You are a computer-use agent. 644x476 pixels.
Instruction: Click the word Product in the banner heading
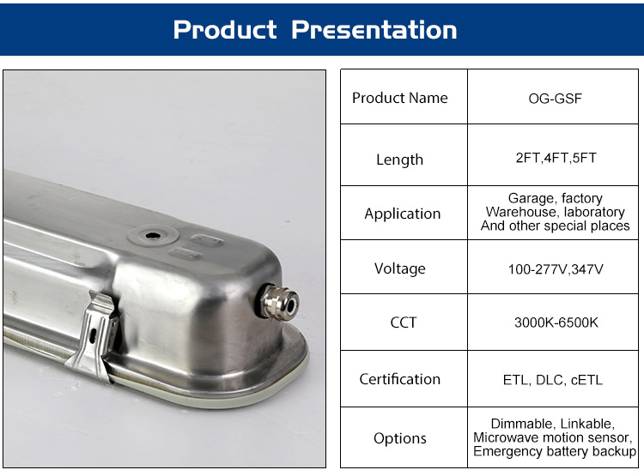tap(225, 30)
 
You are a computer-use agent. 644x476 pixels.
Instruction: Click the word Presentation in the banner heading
tap(374, 30)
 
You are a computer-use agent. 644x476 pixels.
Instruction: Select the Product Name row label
tap(399, 98)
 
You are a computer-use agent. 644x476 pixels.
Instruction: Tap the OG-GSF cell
tap(555, 99)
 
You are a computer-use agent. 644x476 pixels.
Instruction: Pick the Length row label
tap(399, 160)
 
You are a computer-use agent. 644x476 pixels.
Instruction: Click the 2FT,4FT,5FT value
tap(556, 158)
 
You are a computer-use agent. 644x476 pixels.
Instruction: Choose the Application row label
tap(403, 214)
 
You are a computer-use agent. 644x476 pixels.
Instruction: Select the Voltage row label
tap(399, 268)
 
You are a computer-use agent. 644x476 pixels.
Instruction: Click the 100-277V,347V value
tap(556, 269)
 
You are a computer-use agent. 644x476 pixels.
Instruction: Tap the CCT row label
tap(404, 322)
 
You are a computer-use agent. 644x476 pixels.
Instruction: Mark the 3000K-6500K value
tap(556, 322)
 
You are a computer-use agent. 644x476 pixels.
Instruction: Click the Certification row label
tap(399, 379)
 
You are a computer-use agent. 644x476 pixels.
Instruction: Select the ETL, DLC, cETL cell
tap(553, 380)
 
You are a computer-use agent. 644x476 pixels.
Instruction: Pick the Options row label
tap(399, 438)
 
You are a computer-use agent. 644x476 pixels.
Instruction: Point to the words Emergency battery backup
tap(555, 451)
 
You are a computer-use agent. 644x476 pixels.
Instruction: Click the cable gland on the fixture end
tap(279, 303)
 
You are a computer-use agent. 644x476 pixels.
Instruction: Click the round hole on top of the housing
tap(153, 236)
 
